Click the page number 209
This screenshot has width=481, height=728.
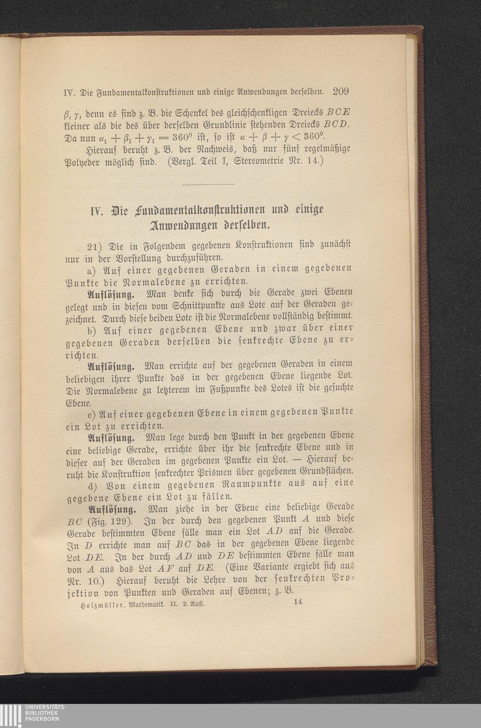point(340,91)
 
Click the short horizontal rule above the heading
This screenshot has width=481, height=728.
point(208,184)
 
